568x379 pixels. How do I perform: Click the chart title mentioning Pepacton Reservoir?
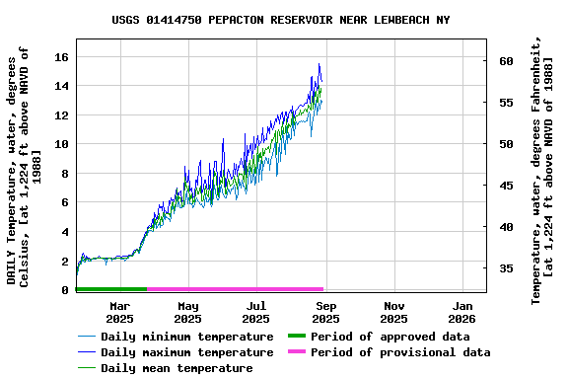(x=280, y=19)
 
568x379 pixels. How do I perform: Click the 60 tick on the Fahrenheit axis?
(x=506, y=61)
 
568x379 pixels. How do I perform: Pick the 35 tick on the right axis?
(x=506, y=268)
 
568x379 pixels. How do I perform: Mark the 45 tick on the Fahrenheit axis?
(x=506, y=186)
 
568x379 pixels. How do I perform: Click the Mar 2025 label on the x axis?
(x=119, y=312)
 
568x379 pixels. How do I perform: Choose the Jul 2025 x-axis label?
(x=256, y=312)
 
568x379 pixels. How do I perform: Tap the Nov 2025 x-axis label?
(x=393, y=312)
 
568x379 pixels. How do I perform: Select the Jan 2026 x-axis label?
(x=462, y=312)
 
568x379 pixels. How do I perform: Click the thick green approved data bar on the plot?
(x=110, y=289)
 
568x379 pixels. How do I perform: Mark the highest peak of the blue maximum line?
(x=319, y=64)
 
